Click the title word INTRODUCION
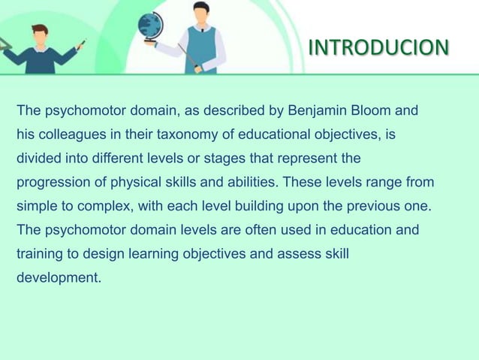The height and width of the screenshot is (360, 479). pos(378,48)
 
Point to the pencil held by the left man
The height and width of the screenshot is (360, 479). pos(82,43)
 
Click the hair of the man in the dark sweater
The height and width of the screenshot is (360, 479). pos(40,29)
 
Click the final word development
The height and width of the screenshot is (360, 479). pos(59,277)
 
